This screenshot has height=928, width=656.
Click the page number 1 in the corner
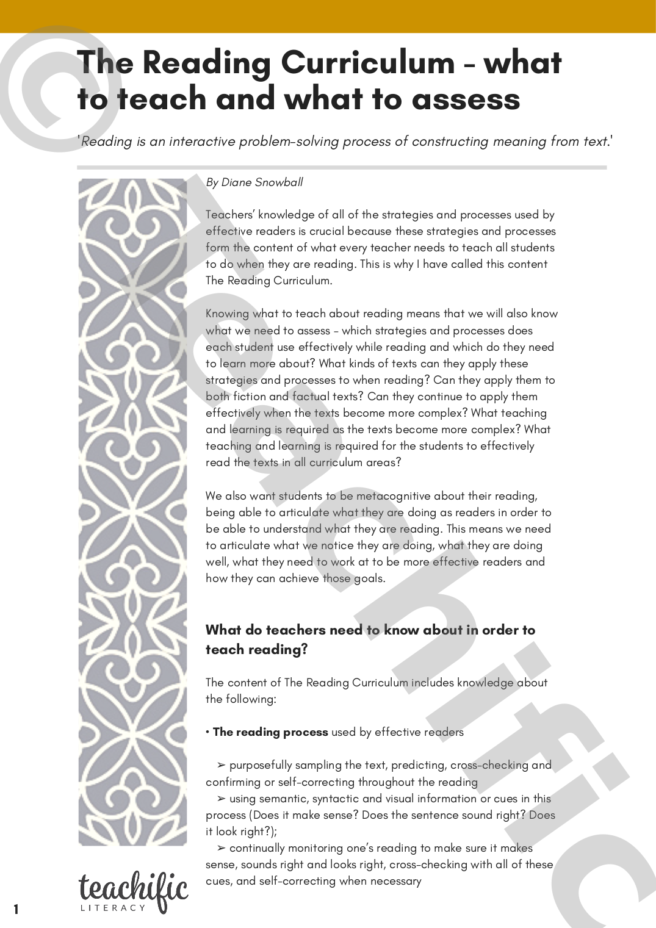coord(16,909)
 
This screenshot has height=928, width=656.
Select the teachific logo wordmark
coord(133,887)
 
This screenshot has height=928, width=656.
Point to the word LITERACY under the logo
coord(114,908)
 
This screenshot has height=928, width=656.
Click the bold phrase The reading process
coord(270,732)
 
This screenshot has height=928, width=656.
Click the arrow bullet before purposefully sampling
coord(221,765)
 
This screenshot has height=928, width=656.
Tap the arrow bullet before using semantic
coord(221,799)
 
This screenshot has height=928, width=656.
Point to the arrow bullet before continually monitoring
coord(221,848)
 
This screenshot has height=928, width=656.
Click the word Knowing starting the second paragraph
coord(227,314)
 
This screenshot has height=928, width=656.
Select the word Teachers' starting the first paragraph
coord(229,215)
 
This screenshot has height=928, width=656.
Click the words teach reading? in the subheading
coord(256,650)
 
